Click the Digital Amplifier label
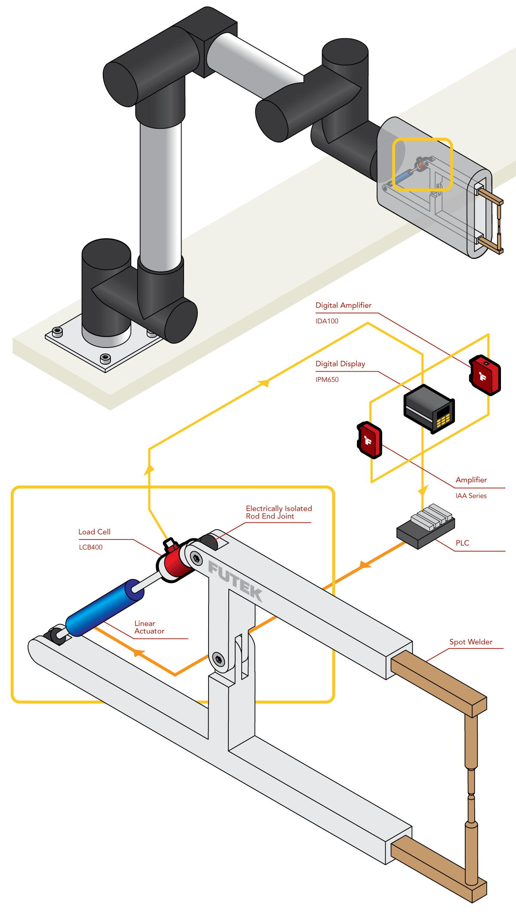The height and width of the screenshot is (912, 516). [x=343, y=305]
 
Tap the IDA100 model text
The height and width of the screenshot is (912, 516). [x=327, y=321]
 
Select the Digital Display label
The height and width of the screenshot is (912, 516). [x=340, y=364]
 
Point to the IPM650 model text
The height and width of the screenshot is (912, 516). [x=327, y=380]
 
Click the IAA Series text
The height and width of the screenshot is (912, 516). [x=471, y=496]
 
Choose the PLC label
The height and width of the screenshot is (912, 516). [x=462, y=543]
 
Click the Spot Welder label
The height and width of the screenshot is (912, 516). [x=471, y=642]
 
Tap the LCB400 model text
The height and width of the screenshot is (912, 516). [x=91, y=547]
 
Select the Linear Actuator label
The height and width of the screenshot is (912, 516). [x=149, y=627]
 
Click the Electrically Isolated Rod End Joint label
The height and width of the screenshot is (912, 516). [x=279, y=512]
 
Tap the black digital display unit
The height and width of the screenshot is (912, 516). [x=429, y=408]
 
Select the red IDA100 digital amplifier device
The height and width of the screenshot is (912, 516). [x=485, y=375]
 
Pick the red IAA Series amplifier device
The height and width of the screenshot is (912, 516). [x=369, y=440]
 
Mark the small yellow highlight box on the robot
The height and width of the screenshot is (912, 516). [x=422, y=164]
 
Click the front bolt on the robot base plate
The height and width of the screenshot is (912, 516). [x=105, y=358]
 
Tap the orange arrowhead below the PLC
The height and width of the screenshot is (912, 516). [x=365, y=565]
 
